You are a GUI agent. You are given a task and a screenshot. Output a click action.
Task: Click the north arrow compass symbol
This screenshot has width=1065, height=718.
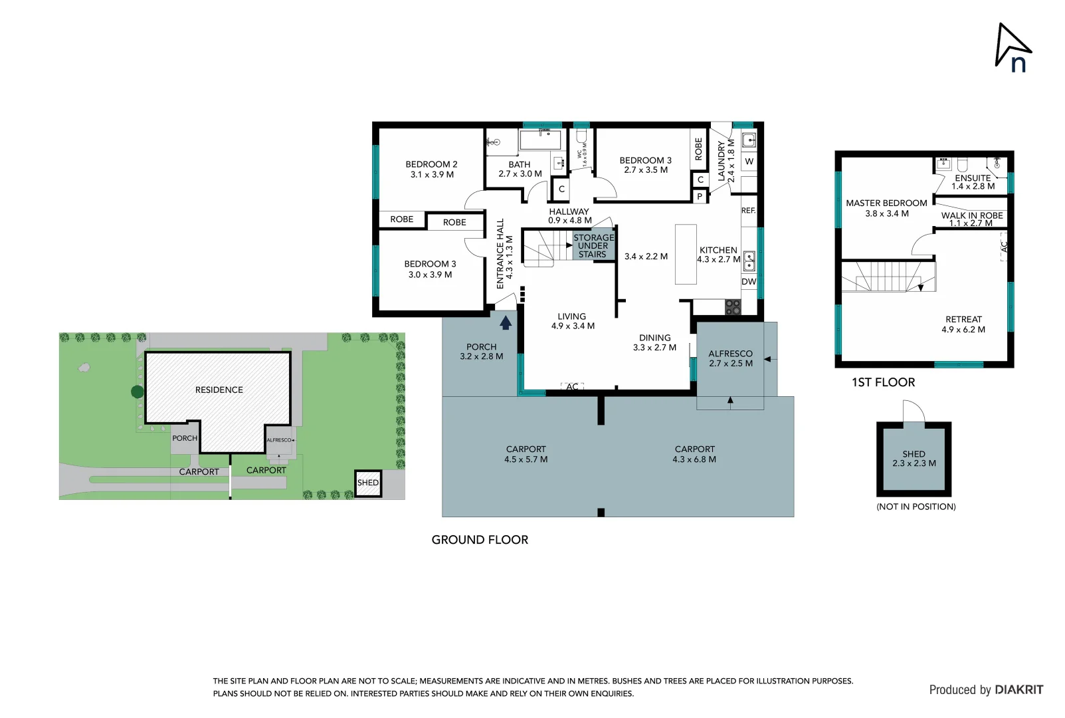click(x=1013, y=48)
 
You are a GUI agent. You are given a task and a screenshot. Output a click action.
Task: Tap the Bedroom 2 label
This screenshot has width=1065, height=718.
click(x=431, y=169)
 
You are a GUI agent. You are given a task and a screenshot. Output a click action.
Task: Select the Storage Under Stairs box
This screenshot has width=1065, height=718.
click(x=593, y=245)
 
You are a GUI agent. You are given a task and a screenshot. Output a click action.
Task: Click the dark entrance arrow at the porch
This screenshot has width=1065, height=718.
click(x=506, y=323)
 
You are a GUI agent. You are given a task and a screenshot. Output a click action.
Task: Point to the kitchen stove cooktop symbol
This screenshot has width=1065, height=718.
click(x=732, y=307)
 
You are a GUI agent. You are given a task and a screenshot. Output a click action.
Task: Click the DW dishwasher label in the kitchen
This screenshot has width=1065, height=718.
click(x=749, y=281)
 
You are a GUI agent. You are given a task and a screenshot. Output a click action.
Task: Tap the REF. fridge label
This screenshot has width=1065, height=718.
click(x=748, y=210)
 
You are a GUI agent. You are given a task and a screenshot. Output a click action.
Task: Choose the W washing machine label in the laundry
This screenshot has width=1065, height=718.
click(x=749, y=162)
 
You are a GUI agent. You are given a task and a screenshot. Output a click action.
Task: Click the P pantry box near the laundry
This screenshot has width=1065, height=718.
click(x=700, y=196)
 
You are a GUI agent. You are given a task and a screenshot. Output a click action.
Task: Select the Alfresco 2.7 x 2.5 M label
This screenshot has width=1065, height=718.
click(x=730, y=358)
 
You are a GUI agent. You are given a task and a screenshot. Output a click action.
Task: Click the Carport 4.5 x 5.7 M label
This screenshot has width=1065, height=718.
click(x=526, y=454)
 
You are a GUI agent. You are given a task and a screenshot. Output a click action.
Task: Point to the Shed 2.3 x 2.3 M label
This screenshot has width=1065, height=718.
click(x=914, y=459)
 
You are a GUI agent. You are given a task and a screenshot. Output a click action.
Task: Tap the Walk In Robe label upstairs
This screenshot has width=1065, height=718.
click(x=971, y=219)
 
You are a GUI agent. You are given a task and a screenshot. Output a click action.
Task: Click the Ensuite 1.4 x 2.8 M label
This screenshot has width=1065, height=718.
click(x=973, y=182)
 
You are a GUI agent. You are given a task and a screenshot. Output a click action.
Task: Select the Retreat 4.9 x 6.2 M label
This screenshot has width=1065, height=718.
click(x=963, y=324)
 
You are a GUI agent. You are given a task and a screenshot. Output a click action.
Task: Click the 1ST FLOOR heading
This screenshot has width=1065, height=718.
click(x=883, y=382)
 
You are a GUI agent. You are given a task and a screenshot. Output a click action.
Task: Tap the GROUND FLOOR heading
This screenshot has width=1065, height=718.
click(x=480, y=540)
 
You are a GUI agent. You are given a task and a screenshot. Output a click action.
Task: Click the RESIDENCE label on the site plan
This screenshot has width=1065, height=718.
click(x=219, y=390)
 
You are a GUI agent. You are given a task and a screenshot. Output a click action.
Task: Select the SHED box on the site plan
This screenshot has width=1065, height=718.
click(x=367, y=483)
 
